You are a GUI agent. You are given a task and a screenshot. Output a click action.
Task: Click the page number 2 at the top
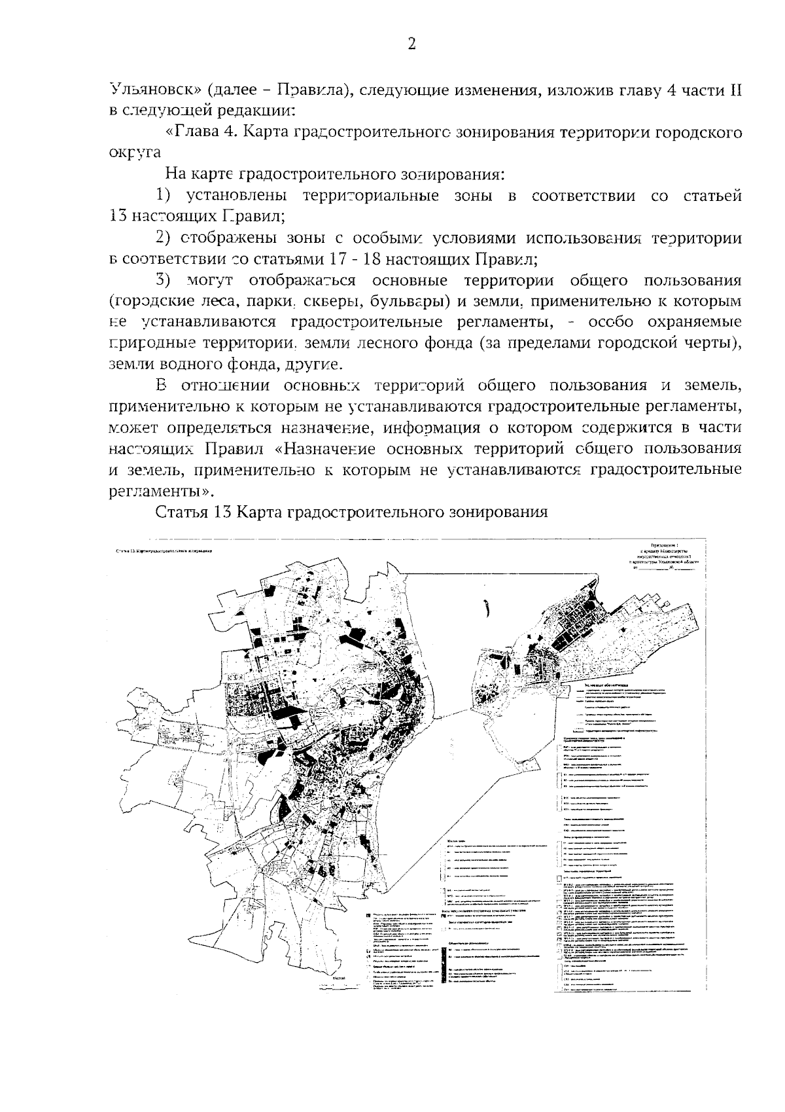pyautogui.click(x=411, y=44)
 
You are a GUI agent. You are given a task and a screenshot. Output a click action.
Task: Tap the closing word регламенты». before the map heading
pyautogui.click(x=162, y=490)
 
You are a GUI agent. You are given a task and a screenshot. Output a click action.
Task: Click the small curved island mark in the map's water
pyautogui.click(x=487, y=609)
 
